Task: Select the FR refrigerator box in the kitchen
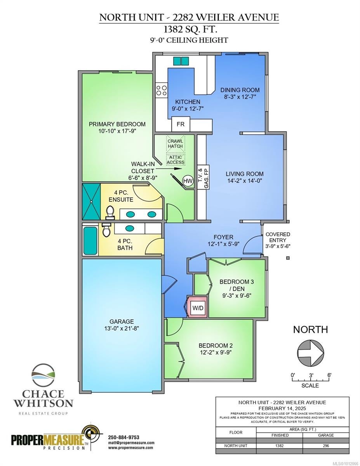click(x=181, y=124)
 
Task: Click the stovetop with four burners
click(x=161, y=90)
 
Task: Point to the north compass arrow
click(x=310, y=353)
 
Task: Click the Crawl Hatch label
click(x=175, y=144)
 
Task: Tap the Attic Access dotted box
click(x=176, y=160)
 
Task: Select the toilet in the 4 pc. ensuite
click(x=110, y=212)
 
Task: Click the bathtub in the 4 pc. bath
click(x=90, y=241)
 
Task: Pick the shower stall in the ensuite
click(x=91, y=202)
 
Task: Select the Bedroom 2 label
click(x=216, y=346)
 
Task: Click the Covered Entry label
click(x=278, y=237)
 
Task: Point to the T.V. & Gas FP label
click(x=203, y=177)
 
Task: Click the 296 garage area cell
click(x=326, y=446)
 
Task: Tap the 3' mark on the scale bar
click(x=311, y=375)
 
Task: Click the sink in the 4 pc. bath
click(x=129, y=228)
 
